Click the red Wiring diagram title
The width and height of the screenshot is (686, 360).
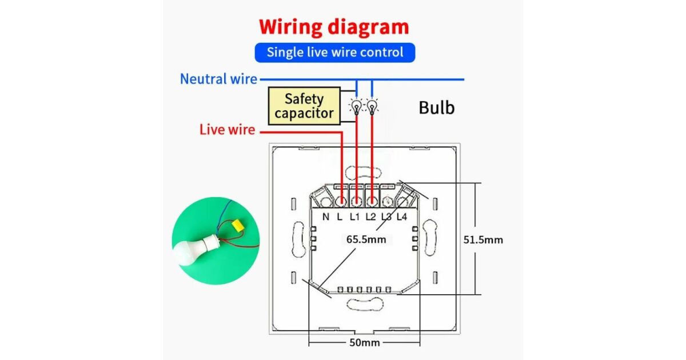[x=334, y=27]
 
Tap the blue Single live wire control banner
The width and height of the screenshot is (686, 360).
[x=334, y=53]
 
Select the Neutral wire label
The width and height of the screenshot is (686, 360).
[x=218, y=79]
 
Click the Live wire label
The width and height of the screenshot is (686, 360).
[x=227, y=130]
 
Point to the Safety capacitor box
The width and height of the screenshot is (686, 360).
[x=304, y=106]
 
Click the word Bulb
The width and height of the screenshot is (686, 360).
[x=437, y=107]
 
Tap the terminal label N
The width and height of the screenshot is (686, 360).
[x=325, y=217]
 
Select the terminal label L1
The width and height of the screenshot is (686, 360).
[x=354, y=217]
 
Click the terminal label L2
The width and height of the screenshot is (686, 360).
[x=370, y=217]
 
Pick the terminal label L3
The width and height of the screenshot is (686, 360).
[x=386, y=217]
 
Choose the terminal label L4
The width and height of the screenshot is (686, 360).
[x=401, y=217]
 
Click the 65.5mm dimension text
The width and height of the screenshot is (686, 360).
[x=366, y=239]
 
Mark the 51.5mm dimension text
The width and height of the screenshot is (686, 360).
[x=483, y=239]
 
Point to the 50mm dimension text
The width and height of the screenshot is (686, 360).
[x=364, y=342]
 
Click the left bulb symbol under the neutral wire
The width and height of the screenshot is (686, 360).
[x=357, y=106]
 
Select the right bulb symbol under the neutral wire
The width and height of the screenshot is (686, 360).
[x=372, y=106]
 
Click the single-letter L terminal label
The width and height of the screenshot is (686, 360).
[x=340, y=217]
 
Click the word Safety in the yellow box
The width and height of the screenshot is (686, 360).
[x=304, y=98]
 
